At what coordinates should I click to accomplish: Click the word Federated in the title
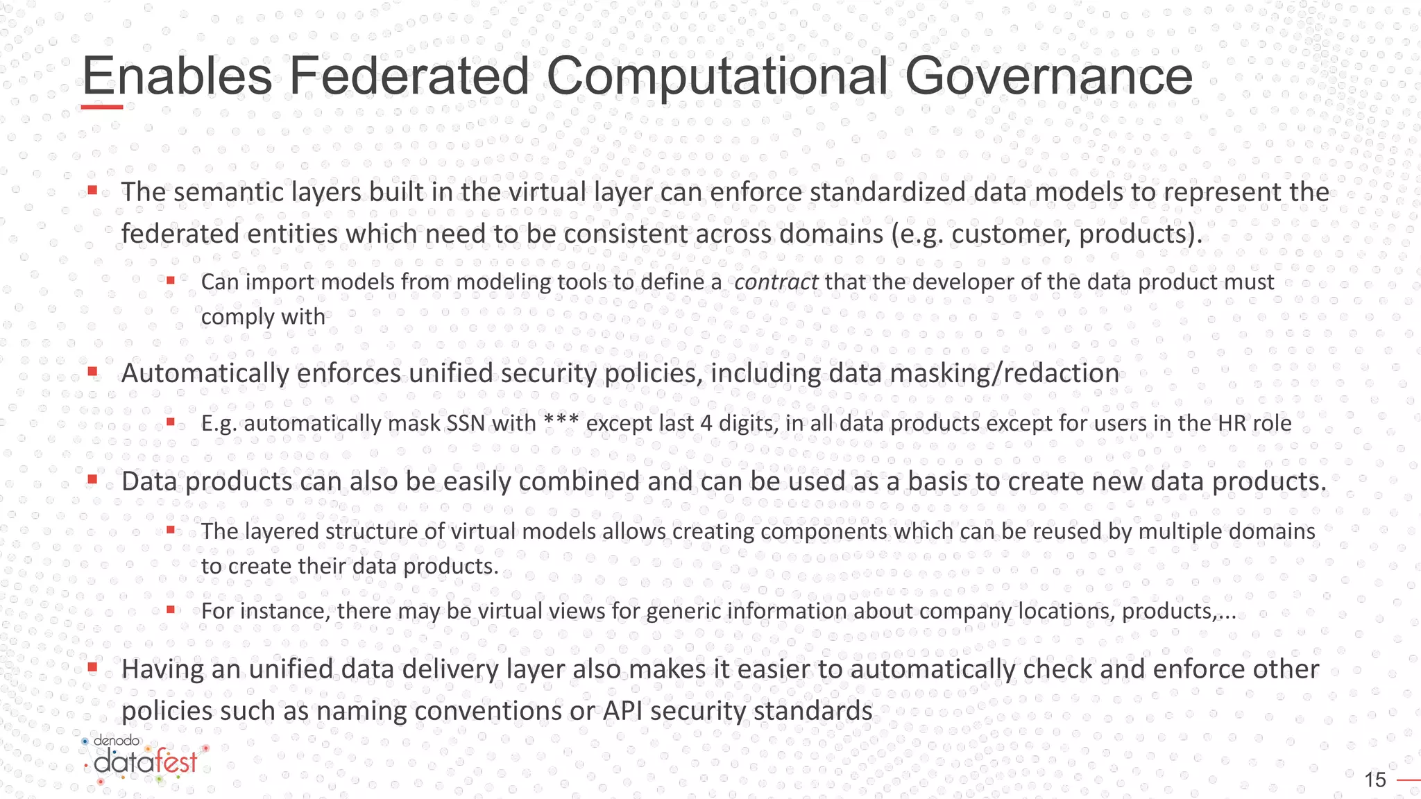(409, 76)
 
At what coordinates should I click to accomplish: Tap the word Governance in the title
(1048, 76)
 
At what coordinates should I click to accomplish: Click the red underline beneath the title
(102, 107)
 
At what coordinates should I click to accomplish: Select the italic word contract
(776, 282)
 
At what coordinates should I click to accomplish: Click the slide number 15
(1375, 780)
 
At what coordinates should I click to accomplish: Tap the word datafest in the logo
(146, 762)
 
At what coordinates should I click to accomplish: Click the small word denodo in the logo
(116, 741)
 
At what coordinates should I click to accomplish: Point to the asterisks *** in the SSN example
(561, 421)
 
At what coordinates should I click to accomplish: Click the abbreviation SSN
(466, 423)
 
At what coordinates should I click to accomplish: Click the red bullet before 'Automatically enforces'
(92, 372)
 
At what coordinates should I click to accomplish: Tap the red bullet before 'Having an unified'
(92, 668)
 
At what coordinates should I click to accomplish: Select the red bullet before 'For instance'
(170, 610)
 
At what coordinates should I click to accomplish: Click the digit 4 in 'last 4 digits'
(706, 423)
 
